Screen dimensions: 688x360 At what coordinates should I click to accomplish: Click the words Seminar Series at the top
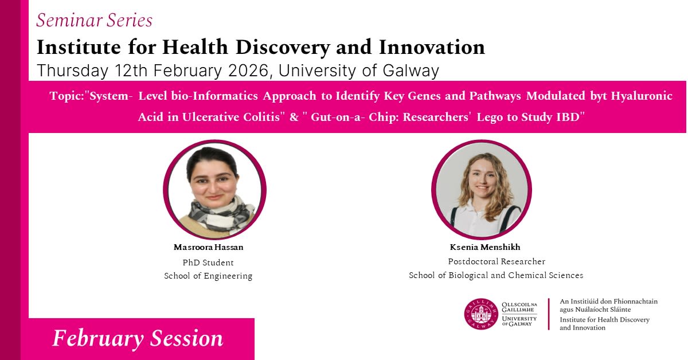(x=94, y=21)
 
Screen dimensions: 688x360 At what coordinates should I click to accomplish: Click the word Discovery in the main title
(x=283, y=48)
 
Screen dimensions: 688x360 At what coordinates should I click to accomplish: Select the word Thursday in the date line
(x=72, y=71)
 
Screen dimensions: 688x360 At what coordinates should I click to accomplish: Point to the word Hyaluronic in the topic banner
(x=642, y=96)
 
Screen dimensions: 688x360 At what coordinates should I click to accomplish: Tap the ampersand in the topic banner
(x=294, y=117)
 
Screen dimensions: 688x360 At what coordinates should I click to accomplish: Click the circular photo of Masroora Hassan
(x=214, y=190)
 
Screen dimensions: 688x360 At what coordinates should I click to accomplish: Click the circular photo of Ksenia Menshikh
(x=481, y=190)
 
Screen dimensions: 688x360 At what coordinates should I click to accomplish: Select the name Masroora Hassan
(x=208, y=247)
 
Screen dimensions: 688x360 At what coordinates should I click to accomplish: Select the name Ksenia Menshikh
(x=485, y=247)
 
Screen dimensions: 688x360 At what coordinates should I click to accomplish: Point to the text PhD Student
(x=208, y=263)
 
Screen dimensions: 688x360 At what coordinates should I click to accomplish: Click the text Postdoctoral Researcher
(x=497, y=261)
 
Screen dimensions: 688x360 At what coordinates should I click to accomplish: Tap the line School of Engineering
(x=208, y=276)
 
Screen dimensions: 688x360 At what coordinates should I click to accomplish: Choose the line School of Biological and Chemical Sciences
(x=496, y=275)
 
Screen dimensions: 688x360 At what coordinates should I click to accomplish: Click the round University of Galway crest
(x=481, y=314)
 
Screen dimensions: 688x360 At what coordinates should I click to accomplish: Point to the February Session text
(x=138, y=339)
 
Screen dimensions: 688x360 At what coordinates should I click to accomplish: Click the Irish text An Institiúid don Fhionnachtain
(x=608, y=302)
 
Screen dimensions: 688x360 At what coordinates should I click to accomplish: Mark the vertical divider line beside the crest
(x=549, y=314)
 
